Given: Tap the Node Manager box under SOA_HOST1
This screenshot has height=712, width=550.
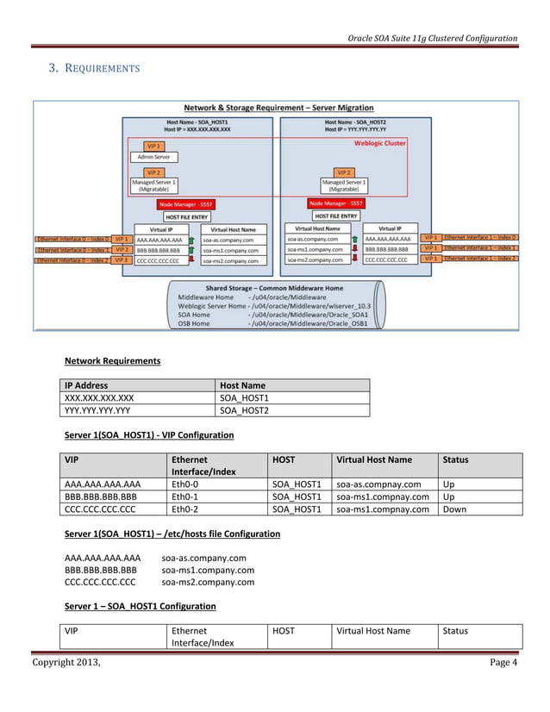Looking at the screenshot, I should click(186, 204).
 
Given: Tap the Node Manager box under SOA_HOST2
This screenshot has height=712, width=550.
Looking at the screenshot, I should click(335, 203).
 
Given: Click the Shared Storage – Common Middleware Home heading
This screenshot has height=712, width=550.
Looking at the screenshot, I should click(274, 287).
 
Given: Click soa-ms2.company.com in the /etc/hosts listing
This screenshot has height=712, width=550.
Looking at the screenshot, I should click(208, 582).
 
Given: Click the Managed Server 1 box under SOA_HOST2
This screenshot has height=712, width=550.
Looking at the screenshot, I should click(344, 186).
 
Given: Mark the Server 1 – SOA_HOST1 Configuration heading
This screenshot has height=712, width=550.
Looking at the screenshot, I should click(134, 606).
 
